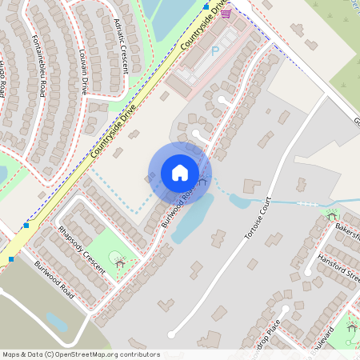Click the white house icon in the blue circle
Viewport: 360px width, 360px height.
click(x=180, y=172)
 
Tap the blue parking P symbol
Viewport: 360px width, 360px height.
click(x=214, y=50)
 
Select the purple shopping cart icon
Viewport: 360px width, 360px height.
click(x=226, y=13)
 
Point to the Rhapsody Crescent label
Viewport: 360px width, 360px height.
click(x=81, y=250)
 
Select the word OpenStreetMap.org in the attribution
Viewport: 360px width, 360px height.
click(x=83, y=354)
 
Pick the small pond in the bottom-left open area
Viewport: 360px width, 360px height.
click(x=56, y=322)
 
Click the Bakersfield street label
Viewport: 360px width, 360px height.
click(x=348, y=230)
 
